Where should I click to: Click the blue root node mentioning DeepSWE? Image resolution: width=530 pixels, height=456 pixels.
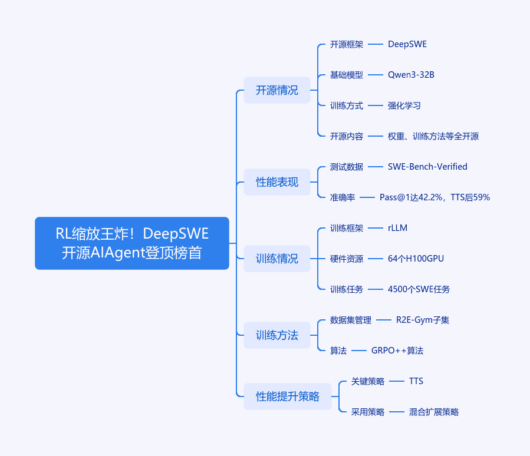coord(132,243)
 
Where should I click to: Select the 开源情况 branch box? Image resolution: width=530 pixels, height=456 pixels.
coord(277,90)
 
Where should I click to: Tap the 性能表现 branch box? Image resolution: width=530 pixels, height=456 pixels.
coord(277,182)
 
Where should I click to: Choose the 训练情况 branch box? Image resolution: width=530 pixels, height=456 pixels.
coord(277,259)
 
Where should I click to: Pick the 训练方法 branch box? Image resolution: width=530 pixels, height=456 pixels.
coord(277,335)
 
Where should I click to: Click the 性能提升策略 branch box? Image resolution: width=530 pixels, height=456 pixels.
coord(287,396)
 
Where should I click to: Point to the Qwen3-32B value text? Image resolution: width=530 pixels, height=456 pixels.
coord(411,75)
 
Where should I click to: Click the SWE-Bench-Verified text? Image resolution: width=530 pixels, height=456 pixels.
coord(427,167)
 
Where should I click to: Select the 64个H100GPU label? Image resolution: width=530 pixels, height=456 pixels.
coord(416,259)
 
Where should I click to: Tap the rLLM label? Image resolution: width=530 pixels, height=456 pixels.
coord(397,228)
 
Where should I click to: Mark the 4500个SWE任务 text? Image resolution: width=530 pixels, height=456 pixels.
coord(419,289)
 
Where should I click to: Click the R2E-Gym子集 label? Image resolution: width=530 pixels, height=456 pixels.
coord(423,320)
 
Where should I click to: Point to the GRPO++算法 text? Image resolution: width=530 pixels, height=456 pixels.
coord(397,351)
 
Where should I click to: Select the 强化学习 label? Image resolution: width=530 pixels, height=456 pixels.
coord(404,105)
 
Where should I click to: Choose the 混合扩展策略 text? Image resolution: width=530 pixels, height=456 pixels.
coord(434,412)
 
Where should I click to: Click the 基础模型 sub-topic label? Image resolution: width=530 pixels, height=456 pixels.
coord(347,75)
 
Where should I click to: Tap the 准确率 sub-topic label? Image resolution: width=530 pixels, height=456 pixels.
coord(343,197)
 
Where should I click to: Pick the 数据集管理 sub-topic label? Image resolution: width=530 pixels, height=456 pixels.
coord(351,320)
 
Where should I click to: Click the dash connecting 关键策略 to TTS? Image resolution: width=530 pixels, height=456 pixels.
coord(397,381)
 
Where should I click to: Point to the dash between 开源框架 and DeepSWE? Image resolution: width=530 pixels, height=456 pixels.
coord(375,44)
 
